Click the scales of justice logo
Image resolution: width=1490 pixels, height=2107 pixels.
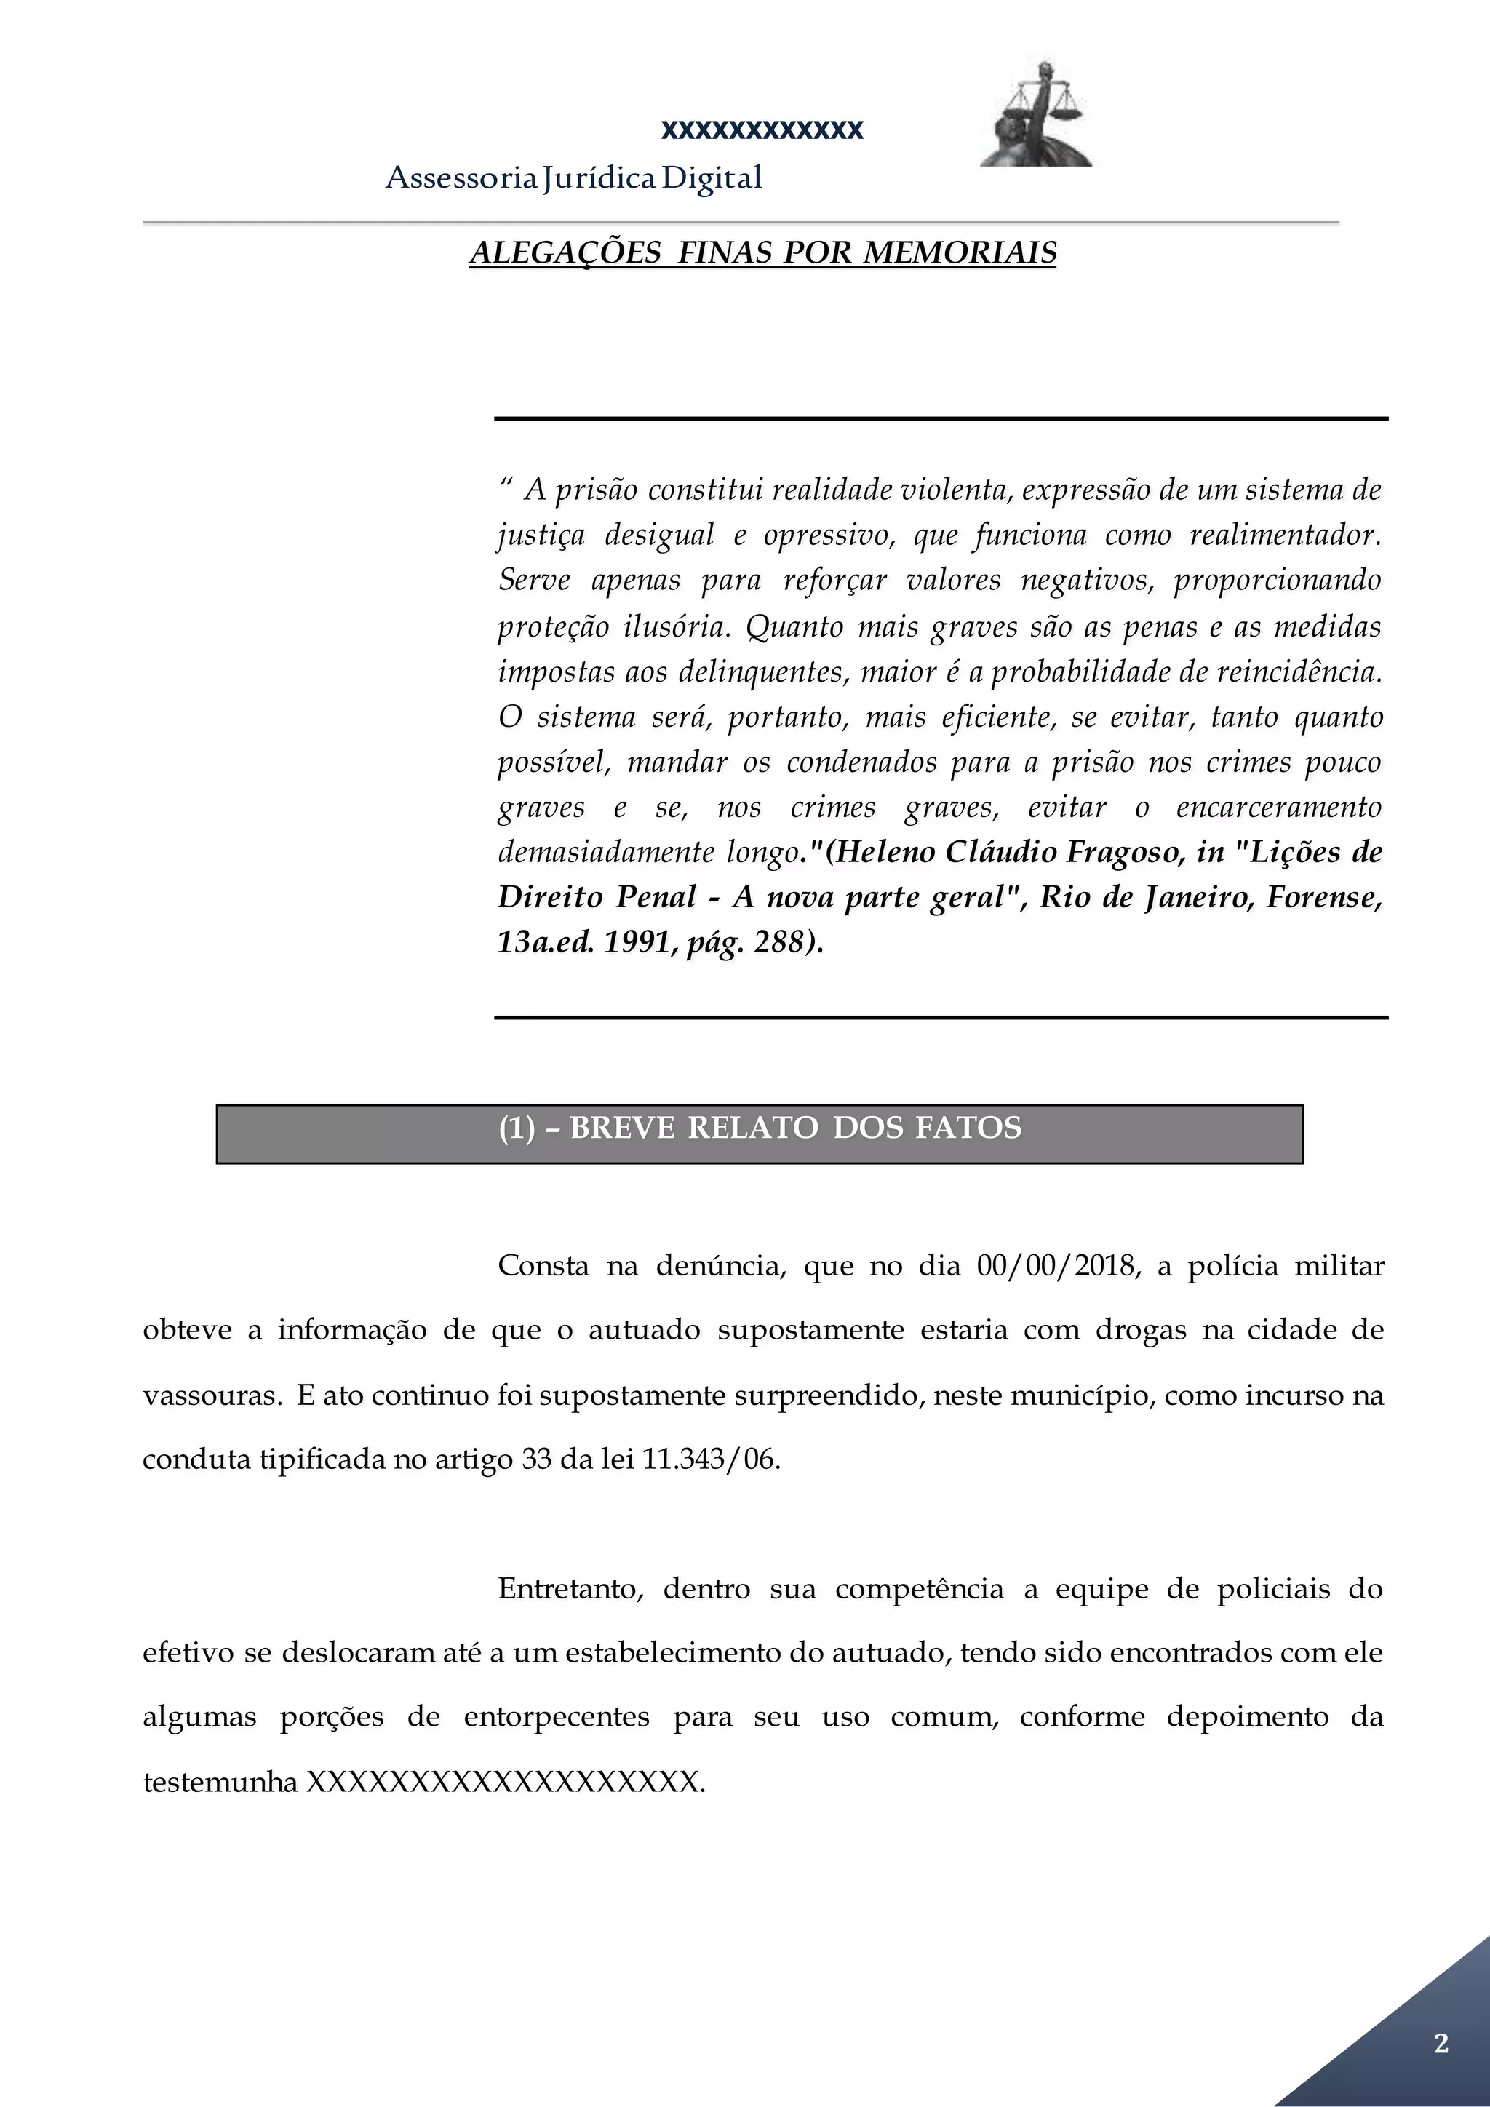[1037, 115]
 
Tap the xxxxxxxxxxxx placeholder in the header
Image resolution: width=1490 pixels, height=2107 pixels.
[762, 130]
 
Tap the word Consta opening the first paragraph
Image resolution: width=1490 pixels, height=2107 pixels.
[543, 1267]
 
